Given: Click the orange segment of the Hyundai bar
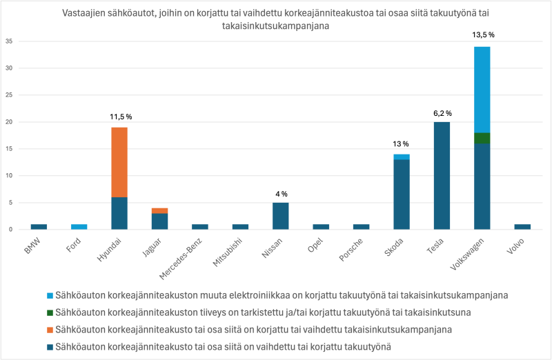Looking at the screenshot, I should click(119, 162).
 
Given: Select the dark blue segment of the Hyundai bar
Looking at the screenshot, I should click(119, 213).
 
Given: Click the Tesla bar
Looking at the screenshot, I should click(442, 175).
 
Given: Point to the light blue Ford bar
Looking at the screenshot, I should click(79, 227).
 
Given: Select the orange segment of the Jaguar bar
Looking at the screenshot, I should click(159, 210).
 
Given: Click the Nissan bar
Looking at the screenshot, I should click(280, 216).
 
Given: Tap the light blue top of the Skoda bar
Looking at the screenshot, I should click(402, 157).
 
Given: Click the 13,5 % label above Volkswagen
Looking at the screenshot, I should click(482, 34).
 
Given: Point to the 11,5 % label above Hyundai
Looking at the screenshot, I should click(120, 117).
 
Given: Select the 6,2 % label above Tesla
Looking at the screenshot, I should click(442, 113).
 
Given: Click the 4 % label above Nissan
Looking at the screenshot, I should click(280, 194).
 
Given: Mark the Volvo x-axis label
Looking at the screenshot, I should click(517, 245).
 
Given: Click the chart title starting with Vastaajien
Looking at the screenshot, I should click(276, 19).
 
